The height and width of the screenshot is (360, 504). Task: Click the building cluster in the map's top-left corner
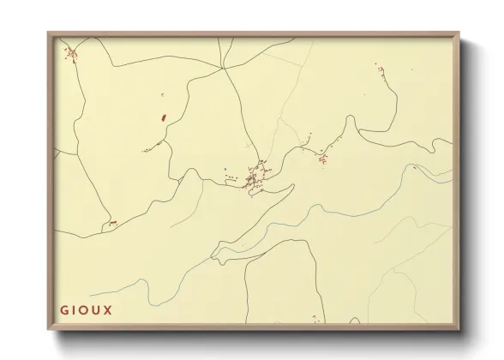coord(71,55)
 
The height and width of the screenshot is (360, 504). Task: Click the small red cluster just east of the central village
coord(322,157)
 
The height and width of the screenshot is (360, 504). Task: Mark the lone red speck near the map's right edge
coord(414,167)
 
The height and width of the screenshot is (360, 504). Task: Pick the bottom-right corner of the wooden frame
coord(460,331)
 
